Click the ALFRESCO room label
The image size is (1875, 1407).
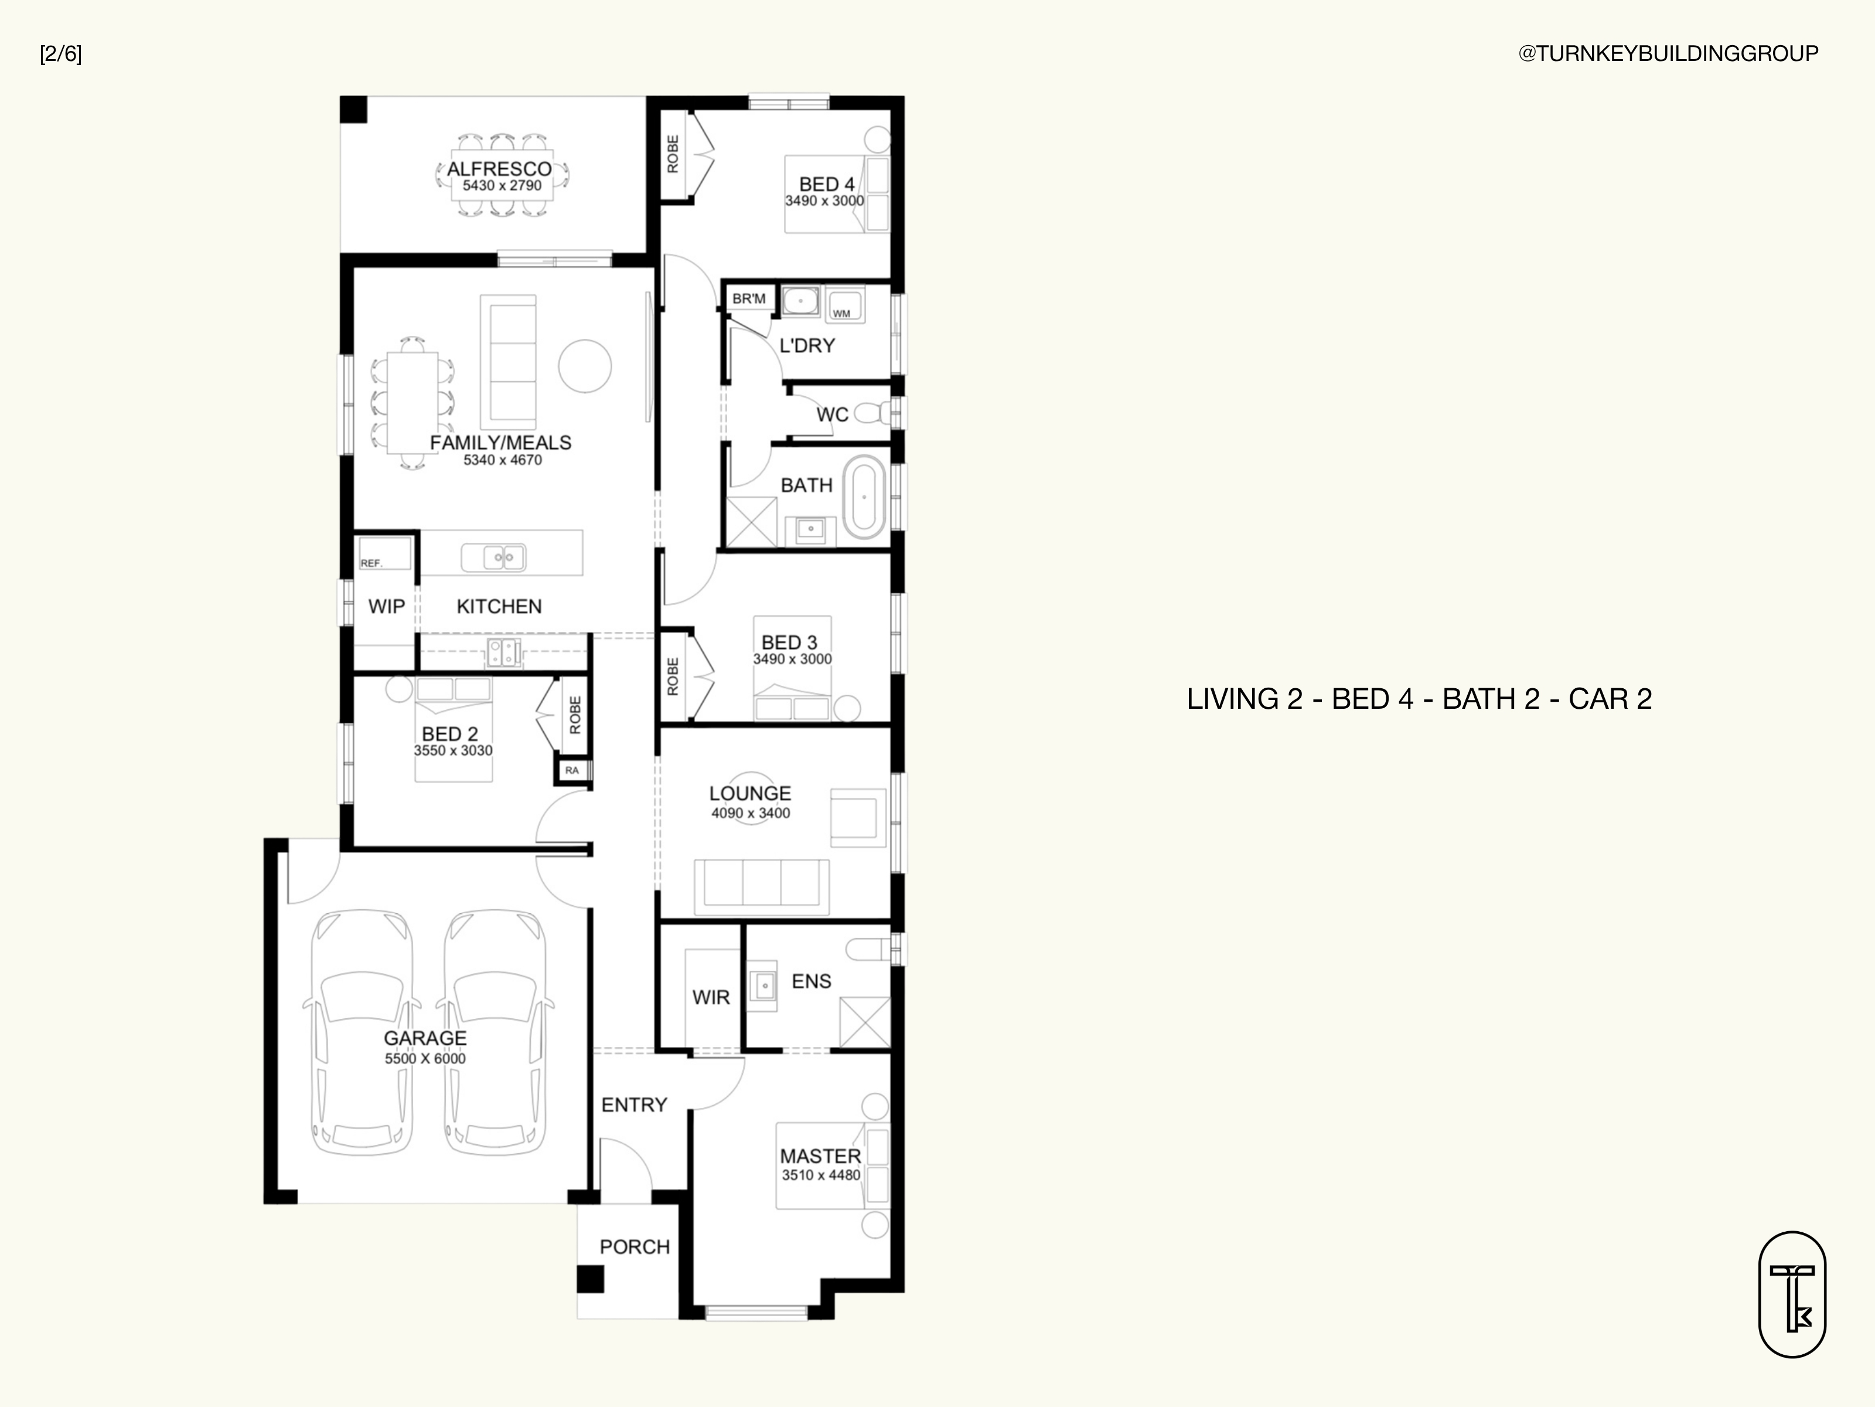click(499, 169)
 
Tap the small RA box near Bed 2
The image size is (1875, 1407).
click(572, 770)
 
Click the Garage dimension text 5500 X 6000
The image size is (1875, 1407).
click(425, 1058)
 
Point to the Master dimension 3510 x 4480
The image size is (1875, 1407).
click(820, 1175)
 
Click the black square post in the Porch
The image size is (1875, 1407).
click(590, 1279)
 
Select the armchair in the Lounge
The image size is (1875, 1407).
click(858, 818)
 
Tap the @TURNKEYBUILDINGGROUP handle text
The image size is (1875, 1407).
click(1668, 53)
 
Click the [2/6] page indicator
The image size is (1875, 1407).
click(61, 55)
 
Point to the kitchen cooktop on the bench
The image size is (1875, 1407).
click(503, 652)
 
